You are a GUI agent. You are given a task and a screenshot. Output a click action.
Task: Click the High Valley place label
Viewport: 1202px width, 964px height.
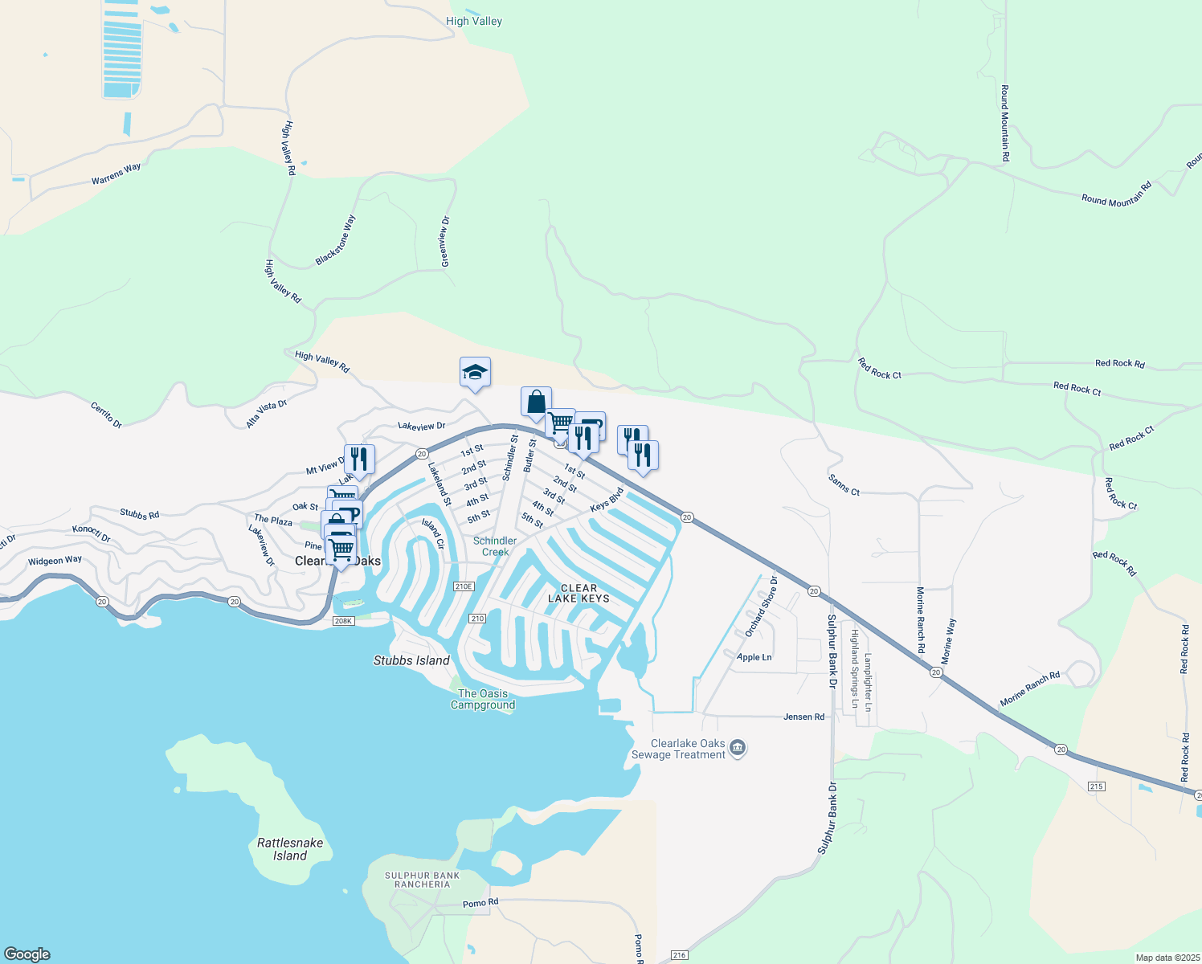474,21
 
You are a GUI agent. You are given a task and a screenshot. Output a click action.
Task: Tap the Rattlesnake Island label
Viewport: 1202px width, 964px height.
290,849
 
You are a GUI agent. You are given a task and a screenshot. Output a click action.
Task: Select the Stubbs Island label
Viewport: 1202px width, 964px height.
411,660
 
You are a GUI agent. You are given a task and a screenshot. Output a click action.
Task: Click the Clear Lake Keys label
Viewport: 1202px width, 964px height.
579,593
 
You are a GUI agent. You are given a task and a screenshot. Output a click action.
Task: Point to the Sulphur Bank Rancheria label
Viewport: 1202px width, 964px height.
423,880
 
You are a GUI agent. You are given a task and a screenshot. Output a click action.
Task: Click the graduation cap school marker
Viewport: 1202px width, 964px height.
475,373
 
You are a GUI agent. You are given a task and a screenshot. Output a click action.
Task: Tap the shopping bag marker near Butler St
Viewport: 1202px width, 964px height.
536,402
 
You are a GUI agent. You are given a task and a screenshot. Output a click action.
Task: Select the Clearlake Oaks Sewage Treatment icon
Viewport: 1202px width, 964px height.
738,749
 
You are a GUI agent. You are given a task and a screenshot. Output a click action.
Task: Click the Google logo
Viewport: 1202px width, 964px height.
27,954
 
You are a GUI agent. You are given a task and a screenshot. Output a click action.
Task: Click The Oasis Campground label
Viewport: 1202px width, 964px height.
483,699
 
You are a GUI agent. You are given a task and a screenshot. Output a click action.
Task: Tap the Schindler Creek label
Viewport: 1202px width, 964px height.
495,546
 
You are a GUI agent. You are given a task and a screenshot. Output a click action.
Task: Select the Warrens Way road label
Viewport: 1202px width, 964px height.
117,174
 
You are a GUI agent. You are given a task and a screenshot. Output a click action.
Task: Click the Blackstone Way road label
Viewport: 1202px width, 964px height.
336,240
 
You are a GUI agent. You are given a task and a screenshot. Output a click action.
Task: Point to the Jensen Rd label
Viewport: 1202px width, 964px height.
803,717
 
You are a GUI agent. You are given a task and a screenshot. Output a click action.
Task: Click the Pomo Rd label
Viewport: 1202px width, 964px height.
480,903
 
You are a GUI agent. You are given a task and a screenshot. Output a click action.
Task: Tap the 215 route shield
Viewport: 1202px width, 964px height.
1097,786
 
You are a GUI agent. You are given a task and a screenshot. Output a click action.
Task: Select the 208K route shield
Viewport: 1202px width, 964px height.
343,621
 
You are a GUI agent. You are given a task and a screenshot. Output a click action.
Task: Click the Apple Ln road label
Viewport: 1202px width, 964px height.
754,657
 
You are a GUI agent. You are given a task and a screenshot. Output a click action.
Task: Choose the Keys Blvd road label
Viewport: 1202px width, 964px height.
607,500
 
